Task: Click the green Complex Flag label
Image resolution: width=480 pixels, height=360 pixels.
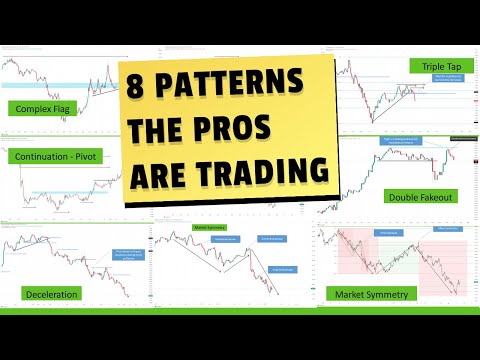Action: click(x=41, y=108)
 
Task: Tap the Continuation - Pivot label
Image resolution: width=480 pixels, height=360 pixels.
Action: click(x=62, y=158)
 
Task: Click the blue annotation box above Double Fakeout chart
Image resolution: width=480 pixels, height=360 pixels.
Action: click(x=404, y=142)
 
